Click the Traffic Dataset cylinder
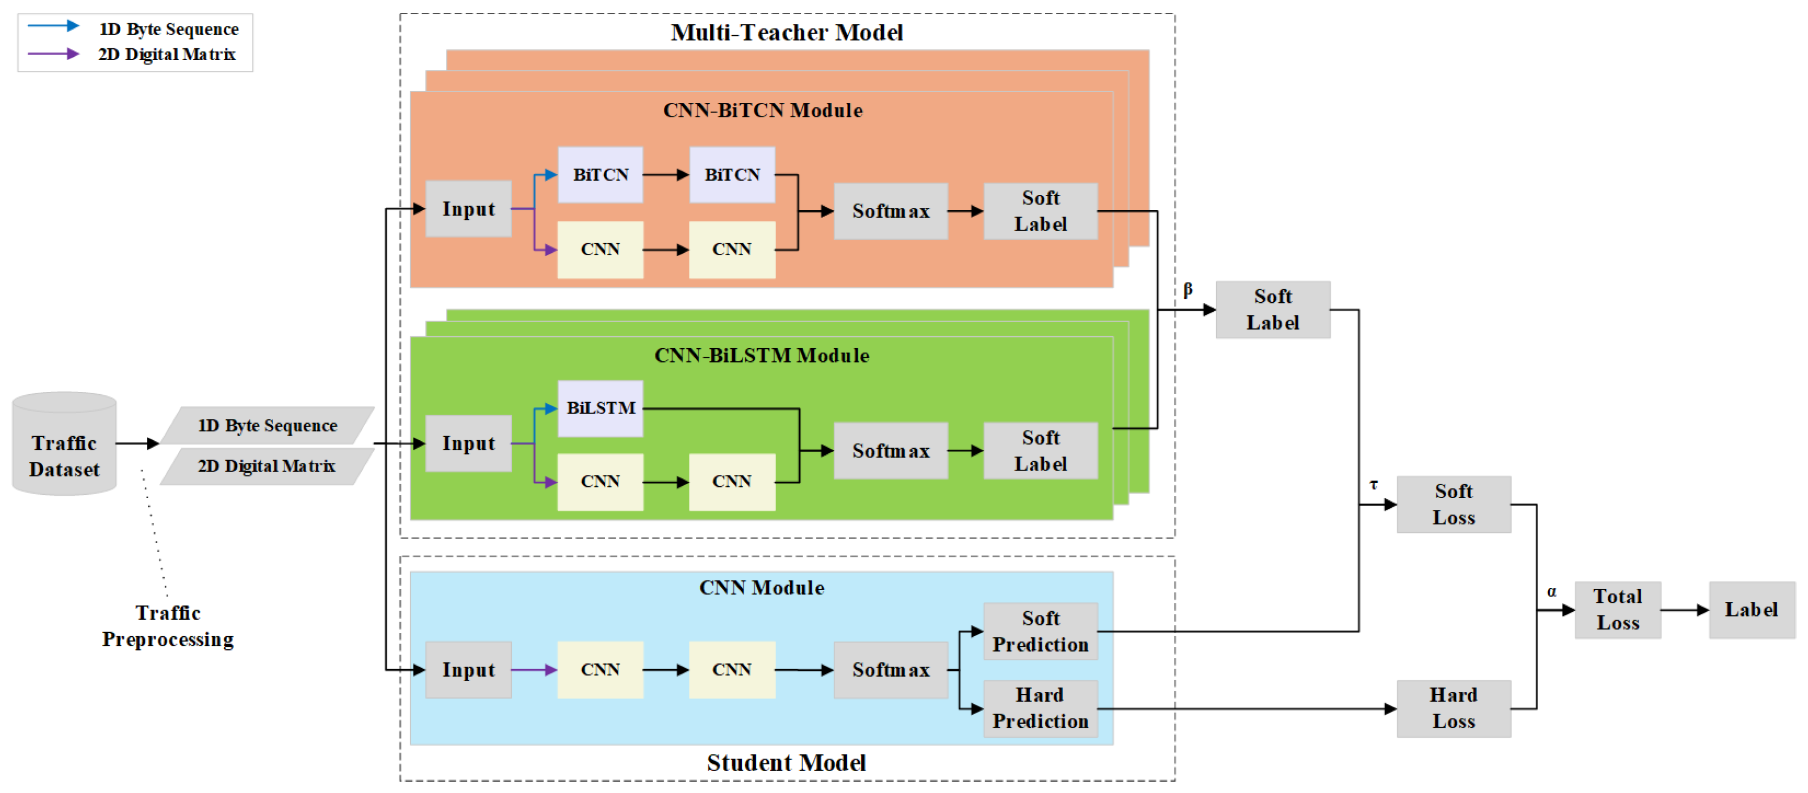(x=64, y=444)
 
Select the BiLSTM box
(x=600, y=408)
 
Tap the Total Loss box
(x=1617, y=609)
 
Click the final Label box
(x=1751, y=609)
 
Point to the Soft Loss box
(x=1453, y=504)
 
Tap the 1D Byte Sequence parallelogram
(x=268, y=425)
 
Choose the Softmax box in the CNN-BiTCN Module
(x=890, y=211)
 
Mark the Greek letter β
(x=1188, y=289)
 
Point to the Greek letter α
(x=1551, y=591)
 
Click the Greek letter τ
(x=1373, y=484)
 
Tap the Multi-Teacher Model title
(x=786, y=32)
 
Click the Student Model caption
(x=786, y=762)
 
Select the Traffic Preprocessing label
(x=168, y=625)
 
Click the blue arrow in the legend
(x=53, y=26)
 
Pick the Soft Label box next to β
(x=1272, y=310)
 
